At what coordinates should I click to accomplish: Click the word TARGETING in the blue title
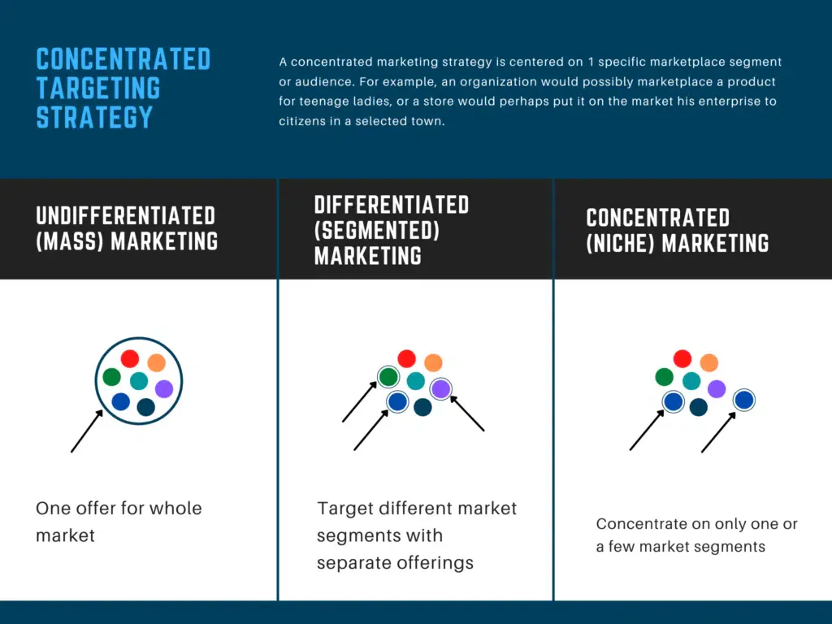pyautogui.click(x=98, y=88)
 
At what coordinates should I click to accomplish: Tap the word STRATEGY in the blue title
pyautogui.click(x=94, y=117)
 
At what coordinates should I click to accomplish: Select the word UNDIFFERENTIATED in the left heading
pyautogui.click(x=126, y=216)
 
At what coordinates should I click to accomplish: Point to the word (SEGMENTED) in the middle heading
pyautogui.click(x=377, y=230)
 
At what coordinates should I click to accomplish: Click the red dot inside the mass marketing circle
pyautogui.click(x=130, y=358)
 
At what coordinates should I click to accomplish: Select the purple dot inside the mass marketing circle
pyautogui.click(x=164, y=389)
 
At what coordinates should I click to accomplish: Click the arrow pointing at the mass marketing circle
pyautogui.click(x=87, y=431)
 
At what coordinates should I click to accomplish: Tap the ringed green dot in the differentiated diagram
pyautogui.click(x=388, y=377)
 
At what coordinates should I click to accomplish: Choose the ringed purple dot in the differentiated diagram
pyautogui.click(x=441, y=389)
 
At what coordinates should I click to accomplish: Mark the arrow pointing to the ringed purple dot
pyautogui.click(x=467, y=414)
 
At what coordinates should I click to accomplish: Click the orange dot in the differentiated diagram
pyautogui.click(x=433, y=363)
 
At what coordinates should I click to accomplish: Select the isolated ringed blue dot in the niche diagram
pyautogui.click(x=744, y=400)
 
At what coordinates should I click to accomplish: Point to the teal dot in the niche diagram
pyautogui.click(x=691, y=381)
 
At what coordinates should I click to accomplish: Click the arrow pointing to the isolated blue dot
pyautogui.click(x=719, y=432)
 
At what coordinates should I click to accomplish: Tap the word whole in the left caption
pyautogui.click(x=175, y=509)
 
